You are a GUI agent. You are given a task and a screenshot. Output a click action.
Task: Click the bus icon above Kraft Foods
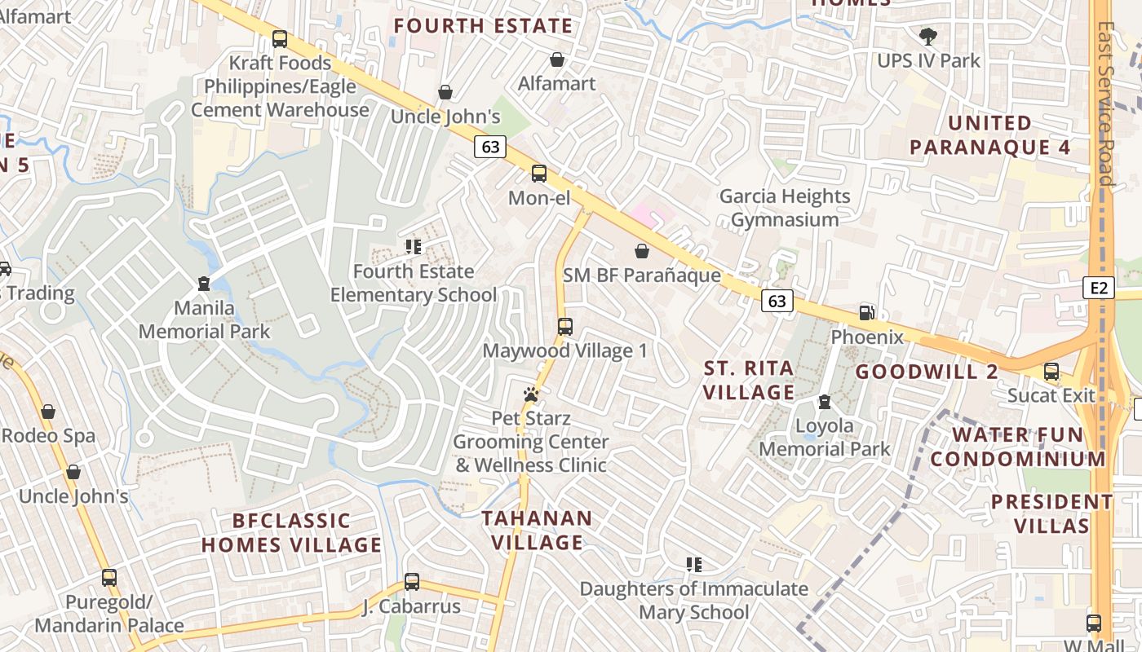(x=280, y=38)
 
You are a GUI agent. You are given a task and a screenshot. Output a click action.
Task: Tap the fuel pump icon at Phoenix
(x=867, y=313)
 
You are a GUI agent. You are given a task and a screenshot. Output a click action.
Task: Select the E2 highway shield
(x=1099, y=287)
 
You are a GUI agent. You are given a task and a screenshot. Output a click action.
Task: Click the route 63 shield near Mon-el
(x=489, y=147)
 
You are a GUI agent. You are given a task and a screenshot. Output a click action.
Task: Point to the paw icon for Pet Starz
(x=531, y=394)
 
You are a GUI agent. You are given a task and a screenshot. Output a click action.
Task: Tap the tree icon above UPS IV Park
(x=927, y=37)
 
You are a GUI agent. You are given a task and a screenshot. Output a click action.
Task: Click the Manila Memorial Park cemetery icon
(x=204, y=284)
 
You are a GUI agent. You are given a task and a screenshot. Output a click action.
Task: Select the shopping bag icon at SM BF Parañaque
(x=642, y=251)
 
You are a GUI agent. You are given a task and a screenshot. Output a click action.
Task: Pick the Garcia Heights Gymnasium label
(x=784, y=208)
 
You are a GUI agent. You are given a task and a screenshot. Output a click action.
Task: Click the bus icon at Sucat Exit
(x=1051, y=372)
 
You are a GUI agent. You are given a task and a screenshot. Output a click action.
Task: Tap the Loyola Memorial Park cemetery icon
(x=825, y=402)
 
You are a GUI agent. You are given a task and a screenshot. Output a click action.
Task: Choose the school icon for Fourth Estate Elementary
(x=413, y=246)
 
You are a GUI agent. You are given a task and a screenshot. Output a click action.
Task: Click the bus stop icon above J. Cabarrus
(x=412, y=582)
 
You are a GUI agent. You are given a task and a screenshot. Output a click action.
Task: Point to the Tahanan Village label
(x=536, y=530)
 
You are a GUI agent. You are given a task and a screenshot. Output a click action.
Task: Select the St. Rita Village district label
(x=748, y=380)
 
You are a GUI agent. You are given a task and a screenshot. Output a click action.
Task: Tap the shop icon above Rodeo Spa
(x=48, y=412)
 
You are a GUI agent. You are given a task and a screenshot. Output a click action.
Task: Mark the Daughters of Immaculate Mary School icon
(x=694, y=564)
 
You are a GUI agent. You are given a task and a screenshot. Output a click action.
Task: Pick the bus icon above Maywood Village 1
(x=564, y=327)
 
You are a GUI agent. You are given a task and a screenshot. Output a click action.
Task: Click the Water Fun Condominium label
(x=1017, y=447)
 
